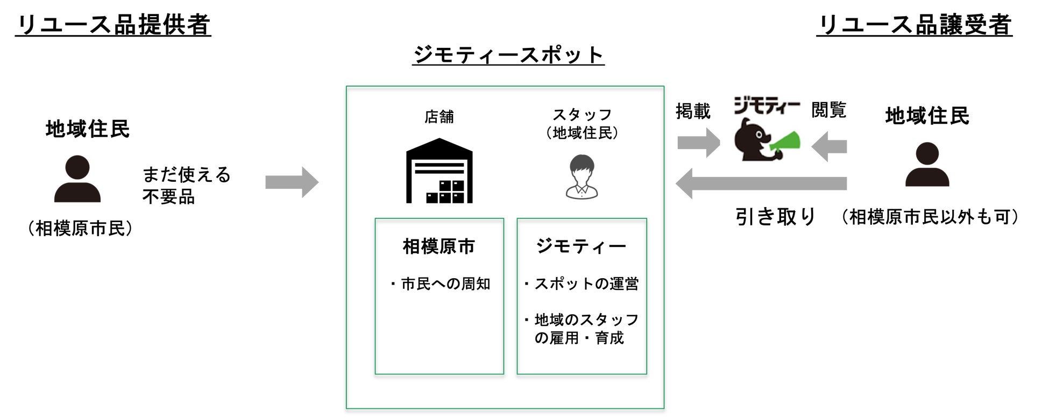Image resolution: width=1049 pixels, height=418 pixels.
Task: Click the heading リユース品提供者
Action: click(x=113, y=25)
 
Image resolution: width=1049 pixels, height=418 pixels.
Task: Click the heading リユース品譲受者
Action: click(x=914, y=25)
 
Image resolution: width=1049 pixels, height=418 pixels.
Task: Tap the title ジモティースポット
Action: click(x=508, y=55)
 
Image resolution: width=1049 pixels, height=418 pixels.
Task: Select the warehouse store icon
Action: click(x=439, y=171)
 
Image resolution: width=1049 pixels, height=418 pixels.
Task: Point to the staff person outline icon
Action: click(x=582, y=177)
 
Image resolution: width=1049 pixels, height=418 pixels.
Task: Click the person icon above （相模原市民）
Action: click(x=77, y=179)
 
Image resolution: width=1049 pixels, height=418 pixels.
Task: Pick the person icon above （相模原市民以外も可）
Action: click(x=927, y=165)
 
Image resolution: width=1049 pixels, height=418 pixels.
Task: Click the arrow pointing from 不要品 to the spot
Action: click(x=292, y=182)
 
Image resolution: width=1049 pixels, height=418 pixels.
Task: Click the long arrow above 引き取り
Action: click(x=761, y=183)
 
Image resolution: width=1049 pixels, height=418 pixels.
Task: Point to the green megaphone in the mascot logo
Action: click(x=785, y=141)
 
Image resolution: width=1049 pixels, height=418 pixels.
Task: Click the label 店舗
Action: click(x=439, y=117)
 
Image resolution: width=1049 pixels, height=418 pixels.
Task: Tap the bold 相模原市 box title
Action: click(x=439, y=246)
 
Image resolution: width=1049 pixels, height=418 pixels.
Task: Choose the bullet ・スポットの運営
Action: click(x=581, y=284)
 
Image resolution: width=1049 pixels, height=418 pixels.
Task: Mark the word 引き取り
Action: click(x=775, y=217)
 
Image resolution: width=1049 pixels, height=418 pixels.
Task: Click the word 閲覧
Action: click(x=828, y=110)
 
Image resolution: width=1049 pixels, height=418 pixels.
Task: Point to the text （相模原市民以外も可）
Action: click(x=929, y=217)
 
